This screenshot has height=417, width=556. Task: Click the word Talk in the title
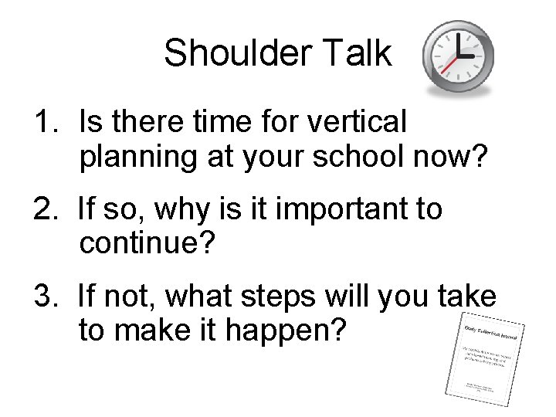(359, 54)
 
